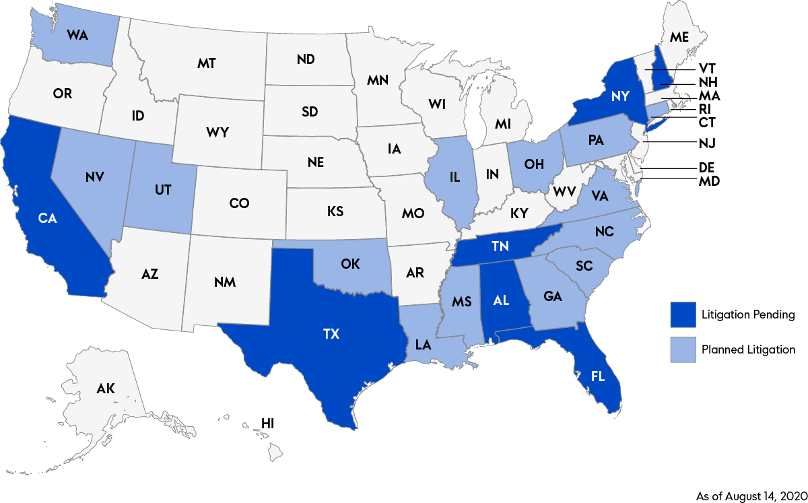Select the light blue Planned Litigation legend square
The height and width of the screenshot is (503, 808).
(x=682, y=349)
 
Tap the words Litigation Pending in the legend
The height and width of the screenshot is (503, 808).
(x=748, y=315)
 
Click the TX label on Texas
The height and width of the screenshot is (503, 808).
(x=331, y=333)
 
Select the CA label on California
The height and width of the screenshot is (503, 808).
(x=47, y=217)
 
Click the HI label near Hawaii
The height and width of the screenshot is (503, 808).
(x=268, y=424)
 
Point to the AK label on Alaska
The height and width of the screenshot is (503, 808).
(x=106, y=388)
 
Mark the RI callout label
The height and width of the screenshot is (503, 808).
(x=706, y=109)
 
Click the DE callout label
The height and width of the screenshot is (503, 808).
(x=706, y=167)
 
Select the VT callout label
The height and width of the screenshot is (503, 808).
(x=706, y=69)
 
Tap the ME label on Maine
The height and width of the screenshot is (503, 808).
(x=679, y=37)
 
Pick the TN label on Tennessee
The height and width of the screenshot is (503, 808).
(x=500, y=247)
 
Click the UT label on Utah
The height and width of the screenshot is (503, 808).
(x=162, y=190)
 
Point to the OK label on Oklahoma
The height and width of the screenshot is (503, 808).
(x=350, y=263)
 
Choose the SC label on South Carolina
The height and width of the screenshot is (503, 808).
(x=584, y=266)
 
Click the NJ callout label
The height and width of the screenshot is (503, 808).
(x=706, y=143)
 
